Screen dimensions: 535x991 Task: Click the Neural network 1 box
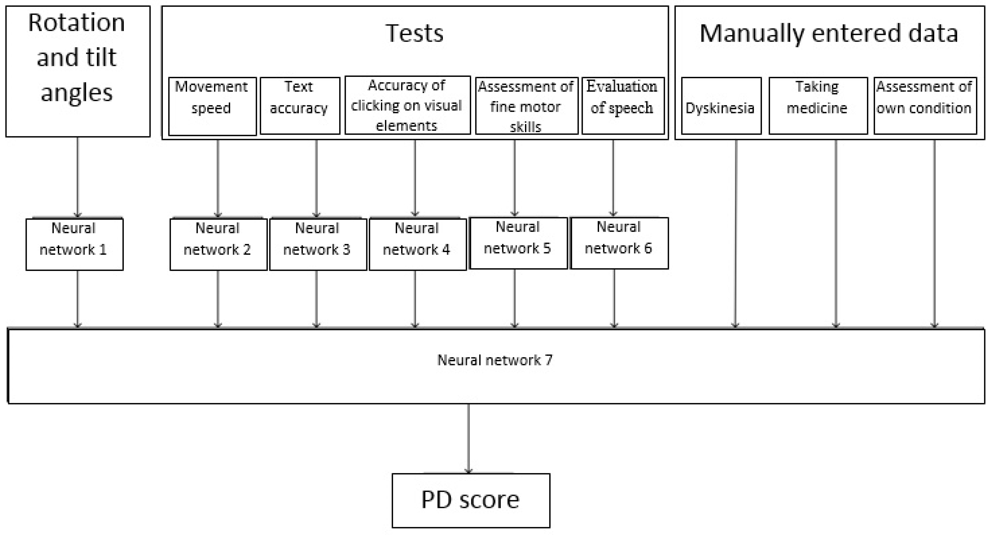[x=74, y=244]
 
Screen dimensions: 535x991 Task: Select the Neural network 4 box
[x=418, y=244]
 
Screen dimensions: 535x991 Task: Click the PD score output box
[x=470, y=500]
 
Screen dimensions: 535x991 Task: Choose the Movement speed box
[x=212, y=106]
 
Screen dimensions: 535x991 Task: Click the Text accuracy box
[x=300, y=106]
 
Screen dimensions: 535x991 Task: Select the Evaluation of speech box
[x=623, y=106]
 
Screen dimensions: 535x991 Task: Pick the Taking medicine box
[x=818, y=106]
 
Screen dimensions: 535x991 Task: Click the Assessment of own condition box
[x=925, y=106]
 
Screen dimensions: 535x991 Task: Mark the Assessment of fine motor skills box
[x=526, y=106]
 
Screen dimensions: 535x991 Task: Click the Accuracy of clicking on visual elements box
[x=407, y=105]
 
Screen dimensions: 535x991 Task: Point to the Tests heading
[x=414, y=34]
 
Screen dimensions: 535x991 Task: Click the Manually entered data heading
[x=829, y=34]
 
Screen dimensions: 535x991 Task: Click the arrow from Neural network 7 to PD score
[x=468, y=439]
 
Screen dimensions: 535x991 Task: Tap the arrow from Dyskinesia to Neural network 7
[x=735, y=231]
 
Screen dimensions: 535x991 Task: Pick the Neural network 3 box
[x=318, y=244]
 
